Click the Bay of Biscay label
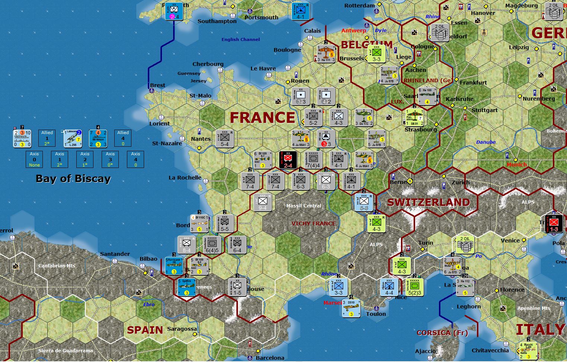(73, 179)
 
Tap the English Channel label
(241, 39)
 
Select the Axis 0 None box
(34, 159)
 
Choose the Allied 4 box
(123, 138)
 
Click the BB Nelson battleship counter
(98, 138)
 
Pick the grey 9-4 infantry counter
(262, 202)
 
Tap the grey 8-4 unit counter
(187, 245)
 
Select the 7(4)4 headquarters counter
(313, 160)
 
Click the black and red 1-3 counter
(554, 223)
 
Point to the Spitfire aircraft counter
(187, 287)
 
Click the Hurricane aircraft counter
(174, 266)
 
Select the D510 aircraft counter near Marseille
(351, 308)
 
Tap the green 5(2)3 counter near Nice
(414, 287)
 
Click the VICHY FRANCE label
(313, 223)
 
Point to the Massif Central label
(303, 206)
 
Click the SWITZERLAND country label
(428, 203)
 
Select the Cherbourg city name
(208, 64)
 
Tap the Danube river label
(485, 142)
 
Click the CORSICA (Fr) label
(442, 333)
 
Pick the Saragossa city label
(182, 329)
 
